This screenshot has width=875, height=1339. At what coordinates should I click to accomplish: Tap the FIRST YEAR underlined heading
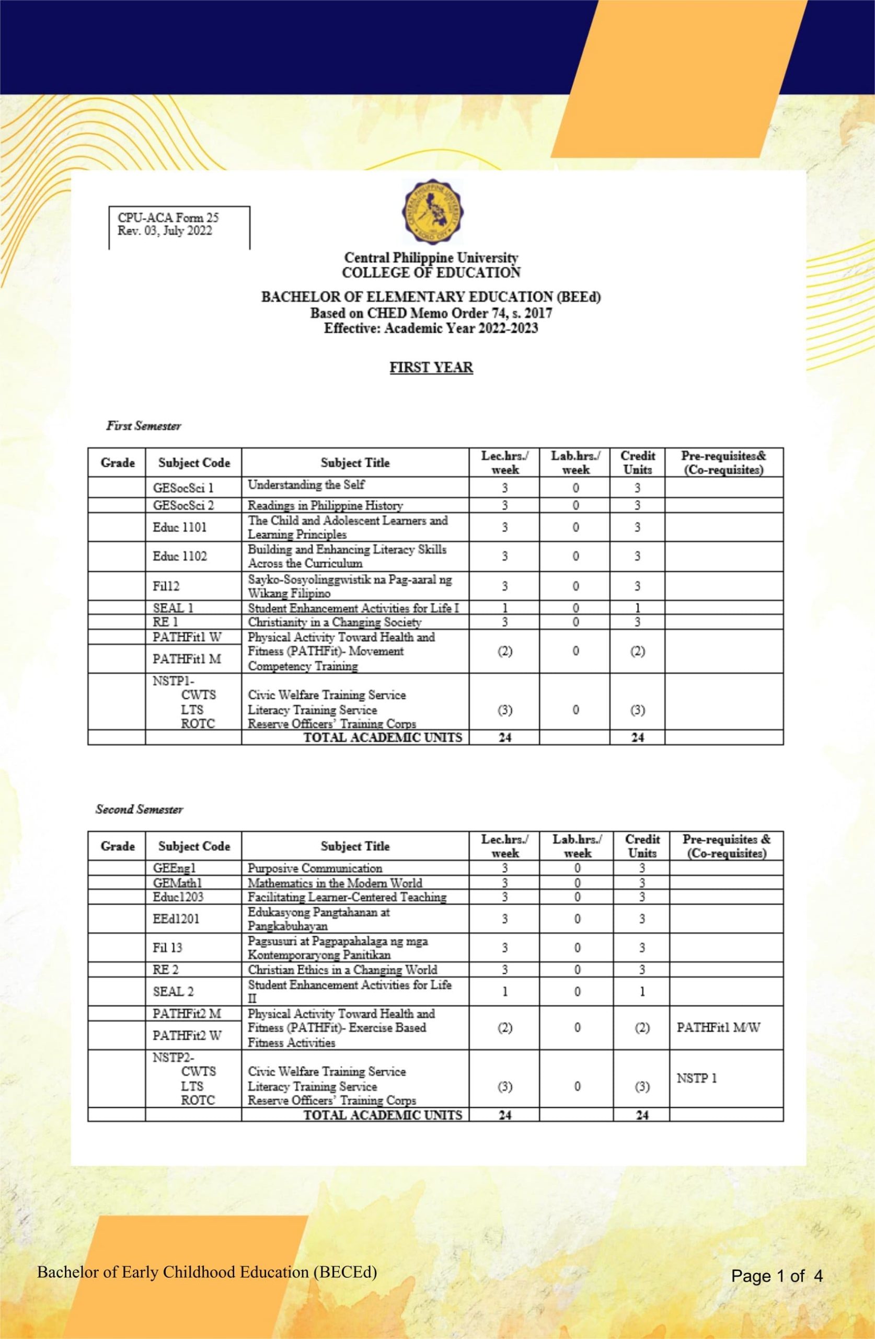pyautogui.click(x=431, y=367)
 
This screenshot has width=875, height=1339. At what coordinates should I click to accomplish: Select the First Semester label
pyautogui.click(x=143, y=426)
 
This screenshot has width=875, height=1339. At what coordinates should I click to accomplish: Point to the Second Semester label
pyautogui.click(x=139, y=810)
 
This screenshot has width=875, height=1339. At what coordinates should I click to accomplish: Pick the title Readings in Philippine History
pyautogui.click(x=325, y=505)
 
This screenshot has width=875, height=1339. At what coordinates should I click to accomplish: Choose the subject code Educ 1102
pyautogui.click(x=179, y=556)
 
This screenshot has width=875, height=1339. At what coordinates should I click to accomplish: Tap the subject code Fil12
pyautogui.click(x=166, y=586)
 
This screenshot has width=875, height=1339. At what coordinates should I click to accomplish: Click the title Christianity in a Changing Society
pyautogui.click(x=334, y=622)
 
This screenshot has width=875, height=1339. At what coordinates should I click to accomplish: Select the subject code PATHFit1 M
pyautogui.click(x=187, y=659)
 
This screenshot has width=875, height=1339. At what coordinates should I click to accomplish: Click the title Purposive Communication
pyautogui.click(x=314, y=868)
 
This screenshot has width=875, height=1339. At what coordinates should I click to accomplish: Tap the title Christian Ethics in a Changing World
pyautogui.click(x=342, y=969)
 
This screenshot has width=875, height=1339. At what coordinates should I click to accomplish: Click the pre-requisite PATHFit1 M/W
pyautogui.click(x=718, y=1027)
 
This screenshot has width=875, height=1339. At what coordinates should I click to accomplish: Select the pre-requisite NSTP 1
pyautogui.click(x=696, y=1079)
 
